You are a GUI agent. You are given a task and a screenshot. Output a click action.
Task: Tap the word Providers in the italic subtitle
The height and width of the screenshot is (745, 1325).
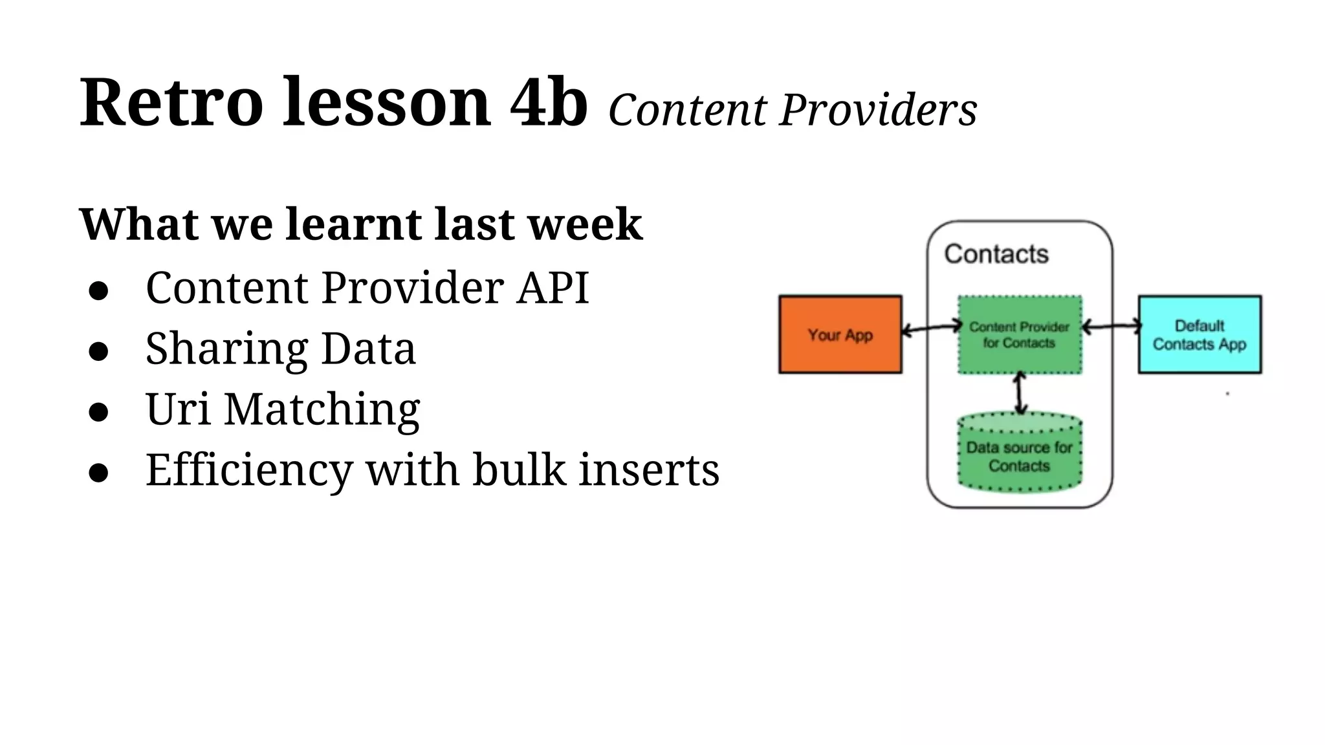tap(878, 110)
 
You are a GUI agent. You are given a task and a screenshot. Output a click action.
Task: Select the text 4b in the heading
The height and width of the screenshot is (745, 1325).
tap(549, 103)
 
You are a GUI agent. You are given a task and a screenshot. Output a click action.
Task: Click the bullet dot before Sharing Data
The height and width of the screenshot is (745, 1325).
tap(98, 351)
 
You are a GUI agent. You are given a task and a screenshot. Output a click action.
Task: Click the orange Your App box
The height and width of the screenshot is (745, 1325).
tap(840, 334)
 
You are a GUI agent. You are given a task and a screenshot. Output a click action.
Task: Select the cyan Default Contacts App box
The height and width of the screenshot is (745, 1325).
tap(1199, 334)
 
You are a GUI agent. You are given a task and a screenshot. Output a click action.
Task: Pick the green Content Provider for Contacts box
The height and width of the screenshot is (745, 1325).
tap(1019, 334)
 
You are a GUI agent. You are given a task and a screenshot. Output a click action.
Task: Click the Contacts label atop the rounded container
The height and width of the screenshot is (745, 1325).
tap(996, 254)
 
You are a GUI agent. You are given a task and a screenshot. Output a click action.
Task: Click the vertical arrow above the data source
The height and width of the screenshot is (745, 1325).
tap(1020, 393)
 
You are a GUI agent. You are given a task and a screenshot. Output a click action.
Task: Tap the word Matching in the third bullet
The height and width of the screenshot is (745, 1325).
tap(322, 409)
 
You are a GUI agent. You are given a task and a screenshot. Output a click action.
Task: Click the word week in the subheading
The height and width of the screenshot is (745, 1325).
tap(584, 224)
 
